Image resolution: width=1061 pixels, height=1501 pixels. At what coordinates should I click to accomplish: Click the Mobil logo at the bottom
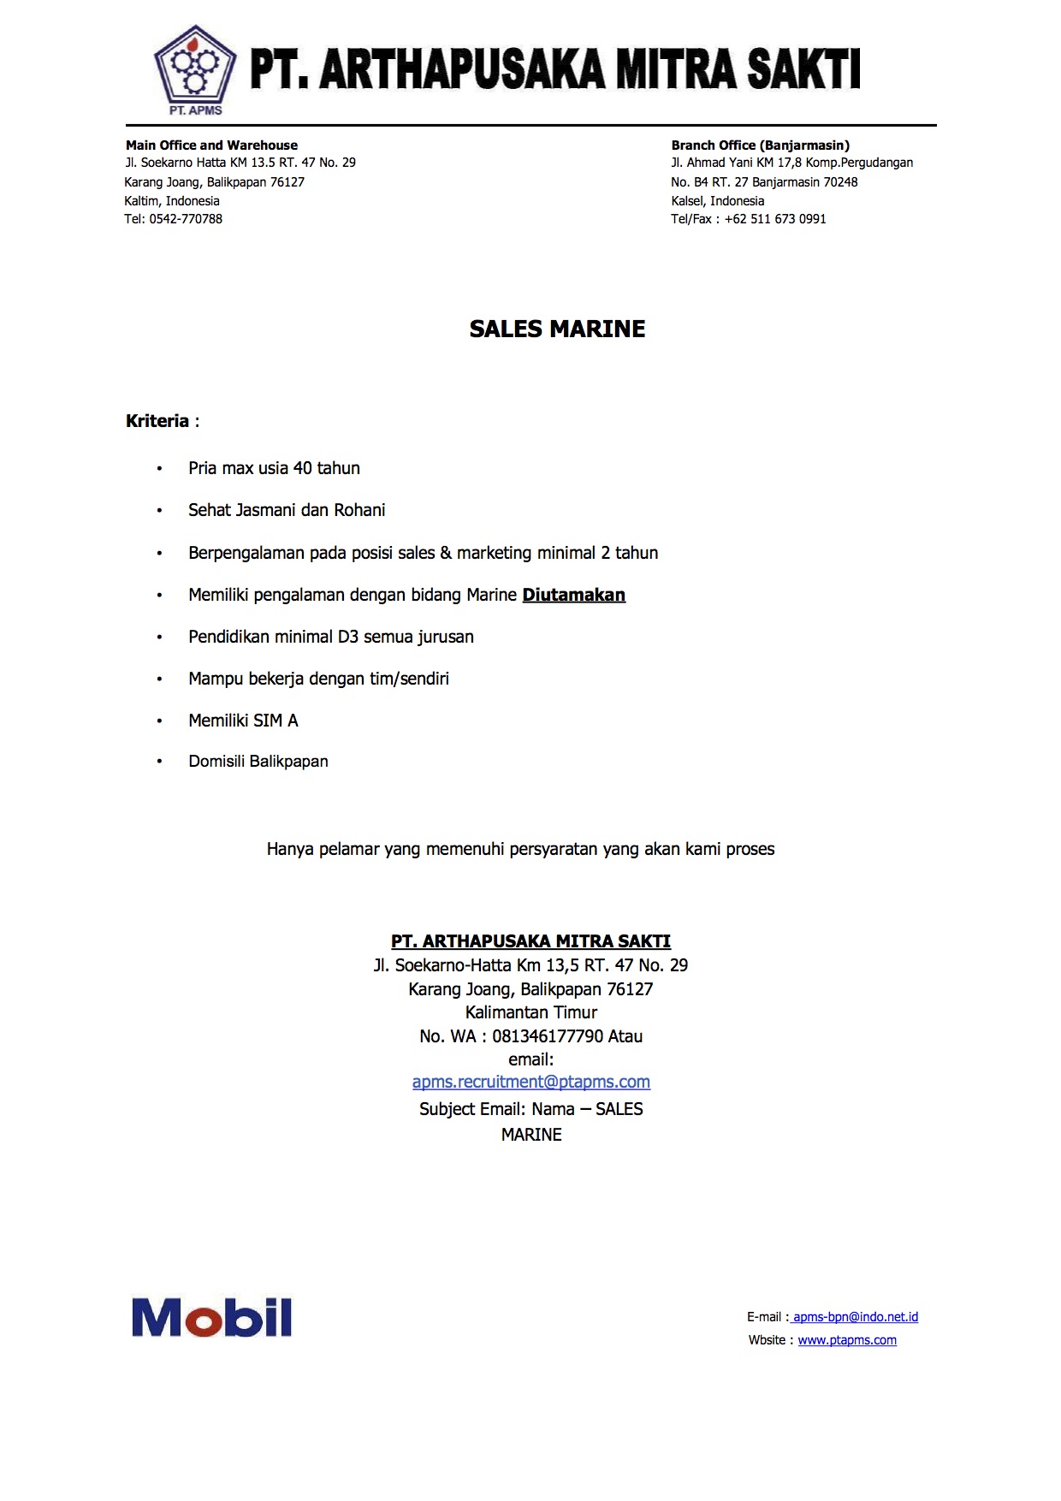[x=211, y=1317]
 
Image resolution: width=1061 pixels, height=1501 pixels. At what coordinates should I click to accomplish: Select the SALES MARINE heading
[x=557, y=329]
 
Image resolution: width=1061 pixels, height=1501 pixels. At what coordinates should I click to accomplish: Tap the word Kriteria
[x=157, y=421]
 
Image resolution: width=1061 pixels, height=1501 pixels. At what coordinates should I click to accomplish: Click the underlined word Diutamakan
[x=573, y=595]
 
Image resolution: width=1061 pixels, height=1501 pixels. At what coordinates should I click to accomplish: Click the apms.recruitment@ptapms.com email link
[x=530, y=1082]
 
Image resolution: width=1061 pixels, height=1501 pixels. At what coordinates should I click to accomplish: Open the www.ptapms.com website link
[x=847, y=1340]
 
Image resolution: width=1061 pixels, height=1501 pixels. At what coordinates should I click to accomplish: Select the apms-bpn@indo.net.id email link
[x=855, y=1317]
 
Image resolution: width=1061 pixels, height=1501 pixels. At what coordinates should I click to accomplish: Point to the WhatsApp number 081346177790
[x=548, y=1036]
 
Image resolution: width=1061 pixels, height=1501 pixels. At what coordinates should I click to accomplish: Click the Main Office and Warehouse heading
[x=211, y=145]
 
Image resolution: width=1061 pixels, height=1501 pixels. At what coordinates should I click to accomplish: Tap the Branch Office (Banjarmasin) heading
[x=760, y=145]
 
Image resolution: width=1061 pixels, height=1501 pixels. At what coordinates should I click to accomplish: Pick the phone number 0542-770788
[x=186, y=219]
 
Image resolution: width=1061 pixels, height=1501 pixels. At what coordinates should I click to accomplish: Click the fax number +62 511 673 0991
[x=775, y=219]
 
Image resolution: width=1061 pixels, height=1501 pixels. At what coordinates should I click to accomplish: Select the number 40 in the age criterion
[x=302, y=468]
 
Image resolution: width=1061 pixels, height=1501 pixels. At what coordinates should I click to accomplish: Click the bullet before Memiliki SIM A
[x=159, y=721]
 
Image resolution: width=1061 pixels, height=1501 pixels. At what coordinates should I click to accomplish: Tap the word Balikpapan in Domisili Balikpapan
[x=288, y=762]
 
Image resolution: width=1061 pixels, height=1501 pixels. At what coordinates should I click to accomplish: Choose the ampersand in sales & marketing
[x=446, y=553]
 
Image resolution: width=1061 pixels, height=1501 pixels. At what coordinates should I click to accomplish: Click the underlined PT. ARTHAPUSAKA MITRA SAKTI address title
[x=530, y=941]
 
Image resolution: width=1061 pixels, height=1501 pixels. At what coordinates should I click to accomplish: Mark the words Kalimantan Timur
[x=530, y=1012]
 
